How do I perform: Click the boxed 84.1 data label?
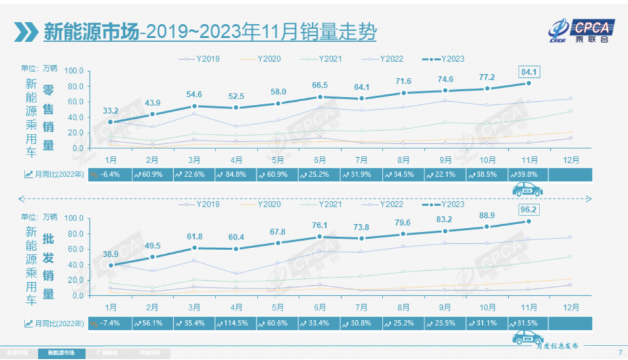pyautogui.click(x=529, y=71)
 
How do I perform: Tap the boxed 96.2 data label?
pyautogui.click(x=529, y=208)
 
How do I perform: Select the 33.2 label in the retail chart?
pyautogui.click(x=111, y=110)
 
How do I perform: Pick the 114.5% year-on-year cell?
pyautogui.click(x=235, y=323)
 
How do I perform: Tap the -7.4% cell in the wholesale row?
pyautogui.click(x=110, y=323)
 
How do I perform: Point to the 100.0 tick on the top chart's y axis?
pyautogui.click(x=73, y=70)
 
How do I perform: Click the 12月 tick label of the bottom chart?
pyautogui.click(x=570, y=307)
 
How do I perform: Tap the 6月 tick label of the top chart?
pyautogui.click(x=320, y=160)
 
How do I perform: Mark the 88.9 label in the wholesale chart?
pyautogui.click(x=487, y=215)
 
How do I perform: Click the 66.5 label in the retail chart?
pyautogui.click(x=320, y=85)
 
